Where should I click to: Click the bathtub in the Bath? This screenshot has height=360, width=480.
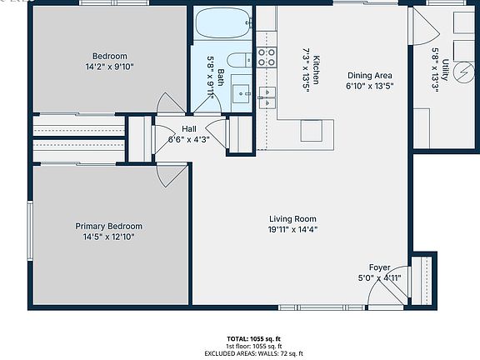[x=224, y=23]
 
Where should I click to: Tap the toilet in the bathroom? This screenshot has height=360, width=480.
[x=240, y=60]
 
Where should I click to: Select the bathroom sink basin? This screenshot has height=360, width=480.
[x=241, y=93]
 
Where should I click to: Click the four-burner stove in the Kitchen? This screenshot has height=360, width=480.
[x=267, y=57]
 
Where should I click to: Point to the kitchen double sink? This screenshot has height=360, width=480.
[x=267, y=97]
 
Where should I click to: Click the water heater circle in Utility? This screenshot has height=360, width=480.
[x=463, y=72]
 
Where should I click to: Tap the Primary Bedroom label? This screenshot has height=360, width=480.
[x=108, y=226]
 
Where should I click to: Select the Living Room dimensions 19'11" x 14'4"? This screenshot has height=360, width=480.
[x=292, y=229]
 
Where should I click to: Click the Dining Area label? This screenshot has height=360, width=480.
[x=370, y=75]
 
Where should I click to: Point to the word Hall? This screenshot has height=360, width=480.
[x=189, y=129]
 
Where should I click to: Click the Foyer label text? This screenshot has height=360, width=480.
[x=380, y=267]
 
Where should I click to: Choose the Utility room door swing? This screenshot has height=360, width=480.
[x=426, y=27]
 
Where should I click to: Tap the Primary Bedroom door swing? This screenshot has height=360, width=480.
[x=172, y=175]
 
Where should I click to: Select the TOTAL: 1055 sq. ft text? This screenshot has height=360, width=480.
[x=254, y=339]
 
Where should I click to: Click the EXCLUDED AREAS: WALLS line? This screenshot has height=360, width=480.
[x=254, y=353]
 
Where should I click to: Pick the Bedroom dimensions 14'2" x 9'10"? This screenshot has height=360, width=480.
[x=110, y=67]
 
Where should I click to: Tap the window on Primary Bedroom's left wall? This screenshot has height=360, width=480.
[x=30, y=231]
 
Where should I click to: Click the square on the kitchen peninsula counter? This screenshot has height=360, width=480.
[x=312, y=131]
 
